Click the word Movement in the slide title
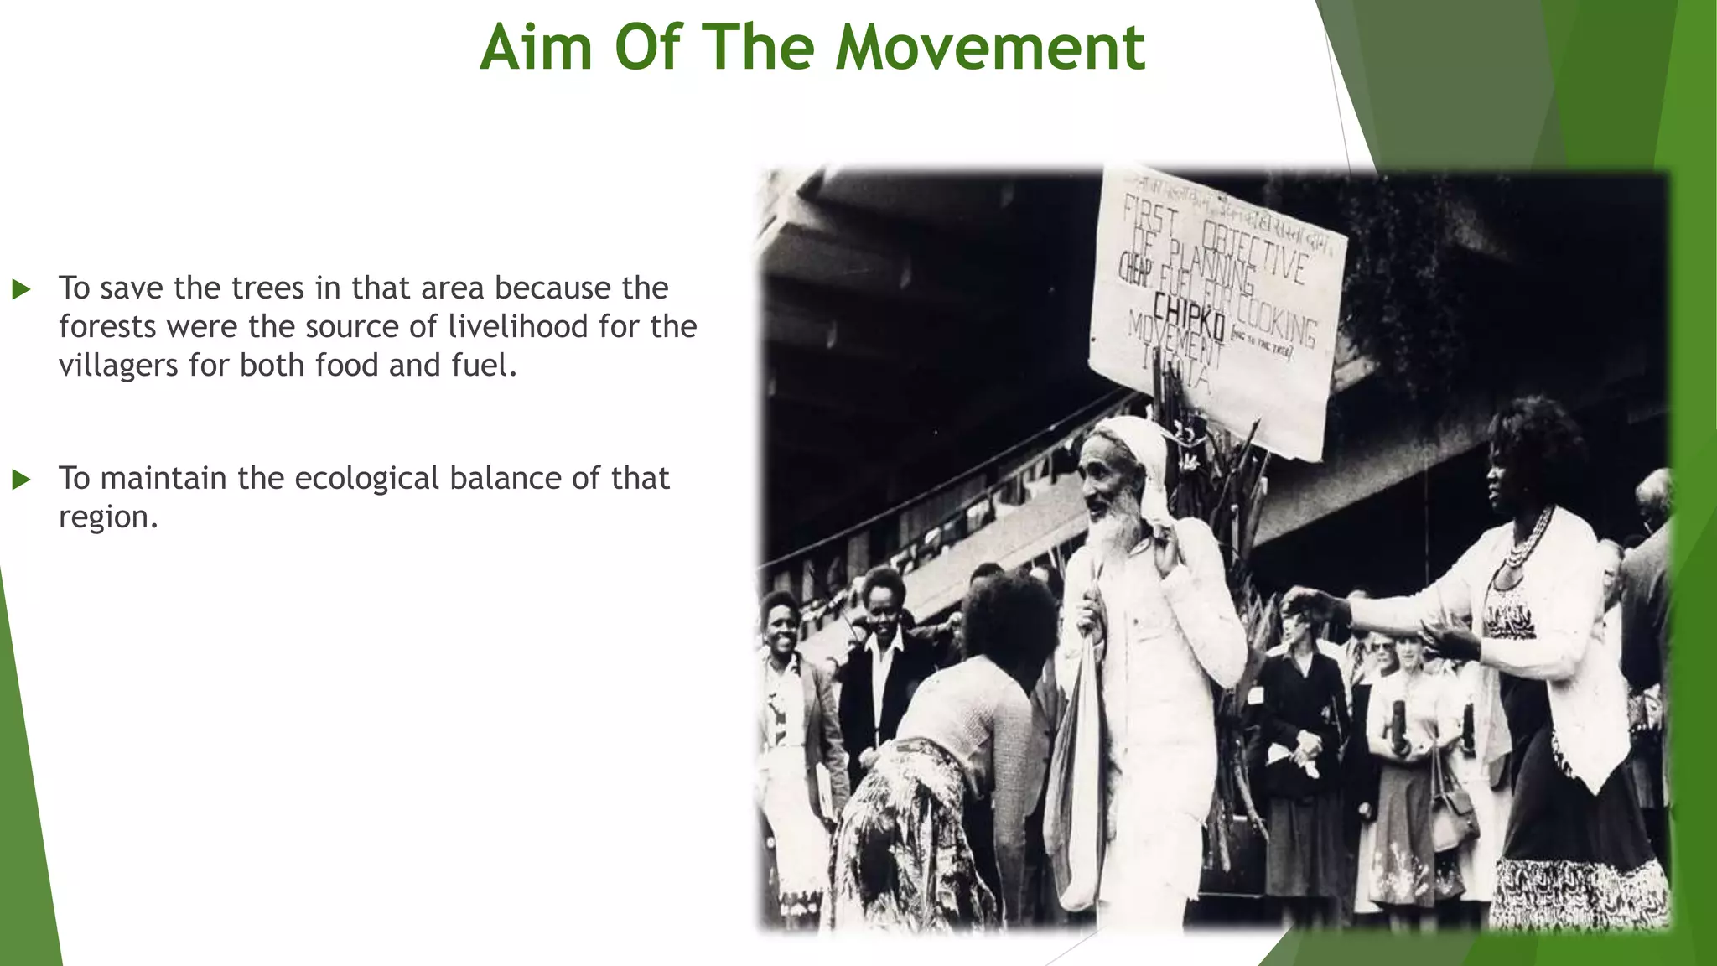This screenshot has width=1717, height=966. point(989,48)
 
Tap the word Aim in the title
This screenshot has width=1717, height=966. point(536,48)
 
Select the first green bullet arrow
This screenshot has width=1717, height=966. point(22,290)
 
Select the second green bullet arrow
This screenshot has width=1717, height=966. point(22,480)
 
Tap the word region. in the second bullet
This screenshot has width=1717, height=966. point(108,517)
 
